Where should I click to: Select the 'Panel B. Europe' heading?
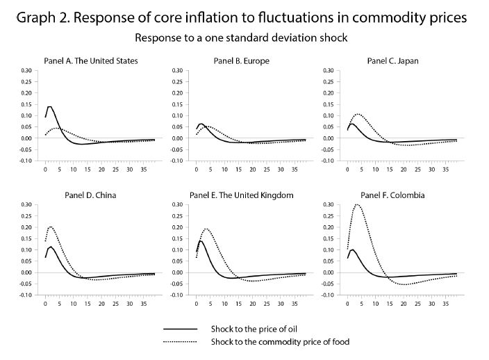[241, 61]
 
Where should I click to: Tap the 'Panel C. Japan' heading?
[392, 61]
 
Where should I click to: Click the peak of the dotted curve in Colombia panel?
[358, 204]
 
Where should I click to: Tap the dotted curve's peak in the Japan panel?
[358, 114]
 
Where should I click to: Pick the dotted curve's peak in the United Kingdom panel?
[206, 229]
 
